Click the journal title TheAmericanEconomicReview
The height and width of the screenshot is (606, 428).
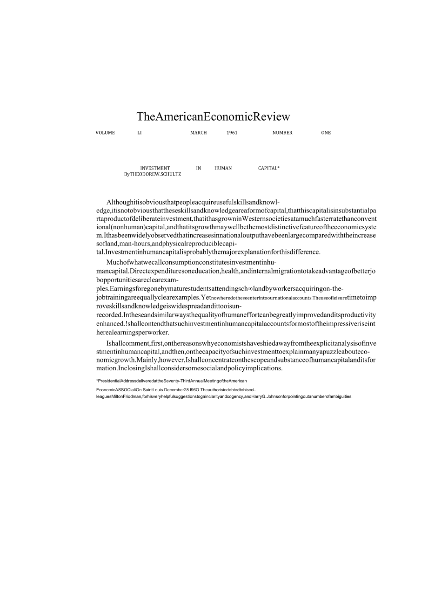coord(213,116)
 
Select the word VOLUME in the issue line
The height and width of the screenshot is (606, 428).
coord(105,133)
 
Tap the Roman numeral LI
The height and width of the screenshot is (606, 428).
coord(139,133)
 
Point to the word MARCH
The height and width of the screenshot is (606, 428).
coord(199,133)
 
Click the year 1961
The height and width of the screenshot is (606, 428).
coord(232,133)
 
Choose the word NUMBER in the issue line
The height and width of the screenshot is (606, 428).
coord(282,133)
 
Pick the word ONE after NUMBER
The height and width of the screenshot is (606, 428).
coord(326,133)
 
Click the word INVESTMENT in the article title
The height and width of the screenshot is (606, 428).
coord(155,168)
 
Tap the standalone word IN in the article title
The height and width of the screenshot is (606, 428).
coord(199,168)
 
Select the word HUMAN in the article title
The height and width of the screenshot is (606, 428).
coord(223,168)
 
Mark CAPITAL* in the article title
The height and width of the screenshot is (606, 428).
coord(269,168)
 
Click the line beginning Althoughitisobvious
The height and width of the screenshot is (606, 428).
coord(193,202)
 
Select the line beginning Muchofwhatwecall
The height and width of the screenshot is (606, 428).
coord(191,262)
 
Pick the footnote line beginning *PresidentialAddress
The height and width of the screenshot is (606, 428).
coord(171,381)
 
